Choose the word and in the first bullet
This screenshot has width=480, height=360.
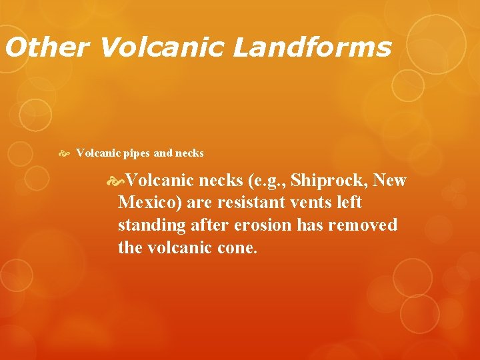tap(163, 153)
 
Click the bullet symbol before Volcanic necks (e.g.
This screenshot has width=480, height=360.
tap(118, 181)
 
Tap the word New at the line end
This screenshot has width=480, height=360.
tap(390, 181)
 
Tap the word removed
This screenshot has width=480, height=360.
tap(363, 225)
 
